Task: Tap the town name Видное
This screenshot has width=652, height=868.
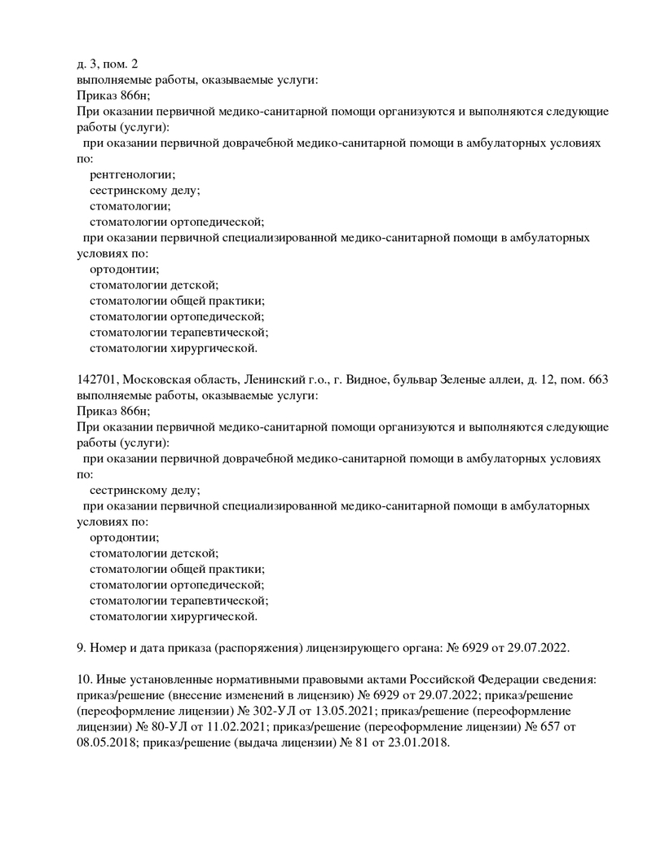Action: (372, 380)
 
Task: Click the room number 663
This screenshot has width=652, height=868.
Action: (597, 380)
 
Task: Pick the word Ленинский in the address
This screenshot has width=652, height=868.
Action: (271, 380)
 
